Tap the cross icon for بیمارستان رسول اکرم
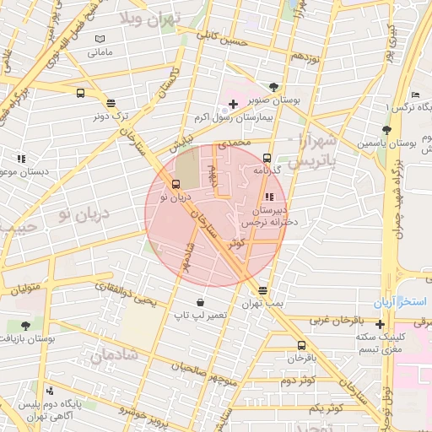233,104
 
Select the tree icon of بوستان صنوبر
273,86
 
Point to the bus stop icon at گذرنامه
267,158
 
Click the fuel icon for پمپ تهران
264,289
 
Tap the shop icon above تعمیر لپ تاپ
199,302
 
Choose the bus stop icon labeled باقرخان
302,345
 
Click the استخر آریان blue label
403,301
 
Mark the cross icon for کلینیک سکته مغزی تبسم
381,325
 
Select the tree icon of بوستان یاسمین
386,130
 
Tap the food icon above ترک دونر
111,102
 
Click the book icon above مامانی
100,40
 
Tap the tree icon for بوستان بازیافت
26,325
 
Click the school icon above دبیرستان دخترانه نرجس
269,197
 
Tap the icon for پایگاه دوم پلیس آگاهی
51,391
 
